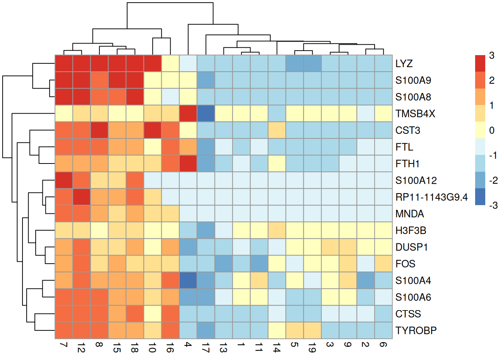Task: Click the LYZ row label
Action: point(404,64)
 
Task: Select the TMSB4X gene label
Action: point(415,114)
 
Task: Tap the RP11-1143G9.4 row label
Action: point(431,197)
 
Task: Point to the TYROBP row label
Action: point(416,331)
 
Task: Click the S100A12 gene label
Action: point(416,181)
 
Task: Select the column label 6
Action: point(383,344)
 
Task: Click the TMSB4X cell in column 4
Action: point(188,114)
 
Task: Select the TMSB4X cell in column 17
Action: point(206,114)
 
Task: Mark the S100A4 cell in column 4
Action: point(188,280)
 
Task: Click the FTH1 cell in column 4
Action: point(188,164)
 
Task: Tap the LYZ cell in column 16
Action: point(170,64)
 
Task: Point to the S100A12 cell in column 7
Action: point(64,180)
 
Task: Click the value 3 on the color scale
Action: point(492,56)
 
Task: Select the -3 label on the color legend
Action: point(493,205)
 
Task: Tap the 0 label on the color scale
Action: point(492,130)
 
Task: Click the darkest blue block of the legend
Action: point(480,197)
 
